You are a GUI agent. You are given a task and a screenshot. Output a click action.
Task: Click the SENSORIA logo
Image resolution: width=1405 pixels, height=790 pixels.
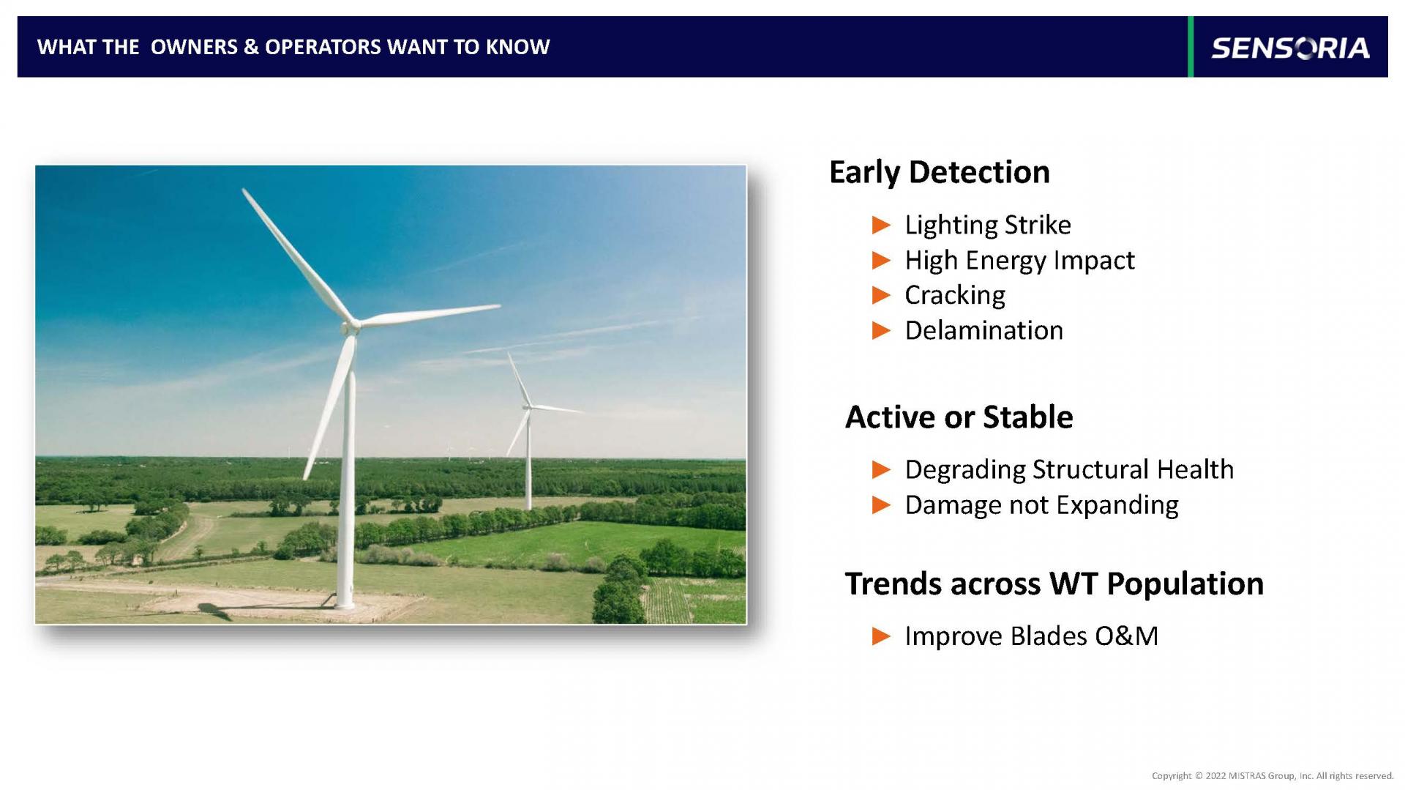point(1290,48)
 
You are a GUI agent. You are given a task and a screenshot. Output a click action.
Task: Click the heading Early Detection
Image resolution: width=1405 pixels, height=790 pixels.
point(939,173)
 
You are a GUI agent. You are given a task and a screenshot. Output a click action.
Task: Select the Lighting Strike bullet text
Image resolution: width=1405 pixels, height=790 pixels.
point(987,225)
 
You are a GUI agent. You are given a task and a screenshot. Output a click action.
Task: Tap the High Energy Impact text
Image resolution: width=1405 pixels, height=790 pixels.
point(1019,261)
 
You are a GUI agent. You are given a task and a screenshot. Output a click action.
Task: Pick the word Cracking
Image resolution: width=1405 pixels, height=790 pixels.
point(955,295)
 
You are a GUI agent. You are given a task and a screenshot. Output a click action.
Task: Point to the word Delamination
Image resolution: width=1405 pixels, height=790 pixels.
point(983,330)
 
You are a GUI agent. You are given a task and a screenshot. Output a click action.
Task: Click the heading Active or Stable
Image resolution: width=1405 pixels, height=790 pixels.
point(959,417)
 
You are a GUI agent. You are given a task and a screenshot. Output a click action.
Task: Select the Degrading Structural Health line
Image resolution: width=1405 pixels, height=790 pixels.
point(1069,469)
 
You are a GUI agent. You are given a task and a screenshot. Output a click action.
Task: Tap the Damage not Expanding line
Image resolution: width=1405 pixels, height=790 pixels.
point(1041,505)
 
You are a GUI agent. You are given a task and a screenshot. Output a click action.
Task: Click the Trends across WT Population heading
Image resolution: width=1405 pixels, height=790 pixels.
point(1054,584)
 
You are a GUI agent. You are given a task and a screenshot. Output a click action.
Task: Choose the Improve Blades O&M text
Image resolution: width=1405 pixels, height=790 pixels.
point(1031,636)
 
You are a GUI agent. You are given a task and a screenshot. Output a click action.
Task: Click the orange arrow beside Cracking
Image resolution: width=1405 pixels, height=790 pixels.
point(882,296)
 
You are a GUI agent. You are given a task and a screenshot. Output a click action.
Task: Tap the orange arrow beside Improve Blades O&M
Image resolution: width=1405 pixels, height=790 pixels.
point(882,637)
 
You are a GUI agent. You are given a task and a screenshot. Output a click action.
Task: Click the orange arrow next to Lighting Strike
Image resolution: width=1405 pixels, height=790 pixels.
point(882,226)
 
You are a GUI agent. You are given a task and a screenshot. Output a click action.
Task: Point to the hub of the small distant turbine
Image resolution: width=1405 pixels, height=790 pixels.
point(527,407)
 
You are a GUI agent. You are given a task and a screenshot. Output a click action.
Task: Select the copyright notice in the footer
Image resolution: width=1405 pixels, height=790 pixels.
point(1273,776)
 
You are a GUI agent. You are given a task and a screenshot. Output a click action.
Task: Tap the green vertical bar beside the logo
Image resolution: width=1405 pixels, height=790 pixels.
point(1191,46)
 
